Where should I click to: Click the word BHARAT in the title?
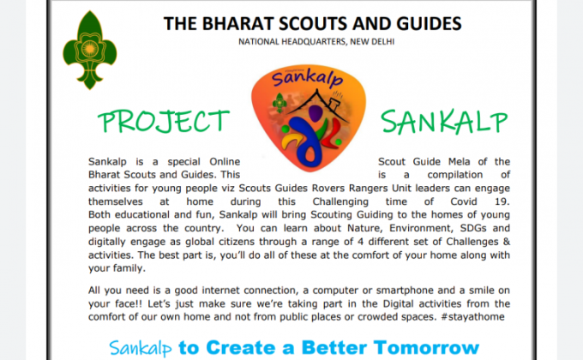tap(232, 23)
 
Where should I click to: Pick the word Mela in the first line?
tap(453, 162)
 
